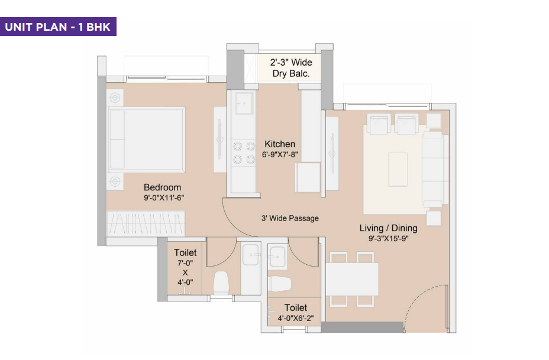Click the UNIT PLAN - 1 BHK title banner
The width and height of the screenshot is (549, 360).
click(58, 27)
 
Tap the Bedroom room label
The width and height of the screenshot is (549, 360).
click(162, 187)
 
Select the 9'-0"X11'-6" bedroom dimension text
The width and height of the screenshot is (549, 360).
click(164, 198)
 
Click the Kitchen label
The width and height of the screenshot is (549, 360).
click(279, 144)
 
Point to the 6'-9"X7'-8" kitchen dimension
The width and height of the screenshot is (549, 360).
click(279, 154)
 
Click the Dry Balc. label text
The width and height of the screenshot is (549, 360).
click(291, 73)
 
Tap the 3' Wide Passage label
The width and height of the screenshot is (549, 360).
click(290, 218)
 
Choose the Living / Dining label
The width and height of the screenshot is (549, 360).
click(388, 228)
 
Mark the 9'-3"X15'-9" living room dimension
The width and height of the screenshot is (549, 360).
click(388, 239)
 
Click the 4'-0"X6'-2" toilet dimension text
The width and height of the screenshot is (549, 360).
click(295, 319)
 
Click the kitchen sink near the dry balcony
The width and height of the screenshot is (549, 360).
click(243, 105)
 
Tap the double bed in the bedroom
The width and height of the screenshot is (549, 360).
click(146, 140)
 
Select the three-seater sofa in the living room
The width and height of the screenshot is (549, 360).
click(432, 168)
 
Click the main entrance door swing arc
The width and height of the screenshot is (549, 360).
click(417, 304)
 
